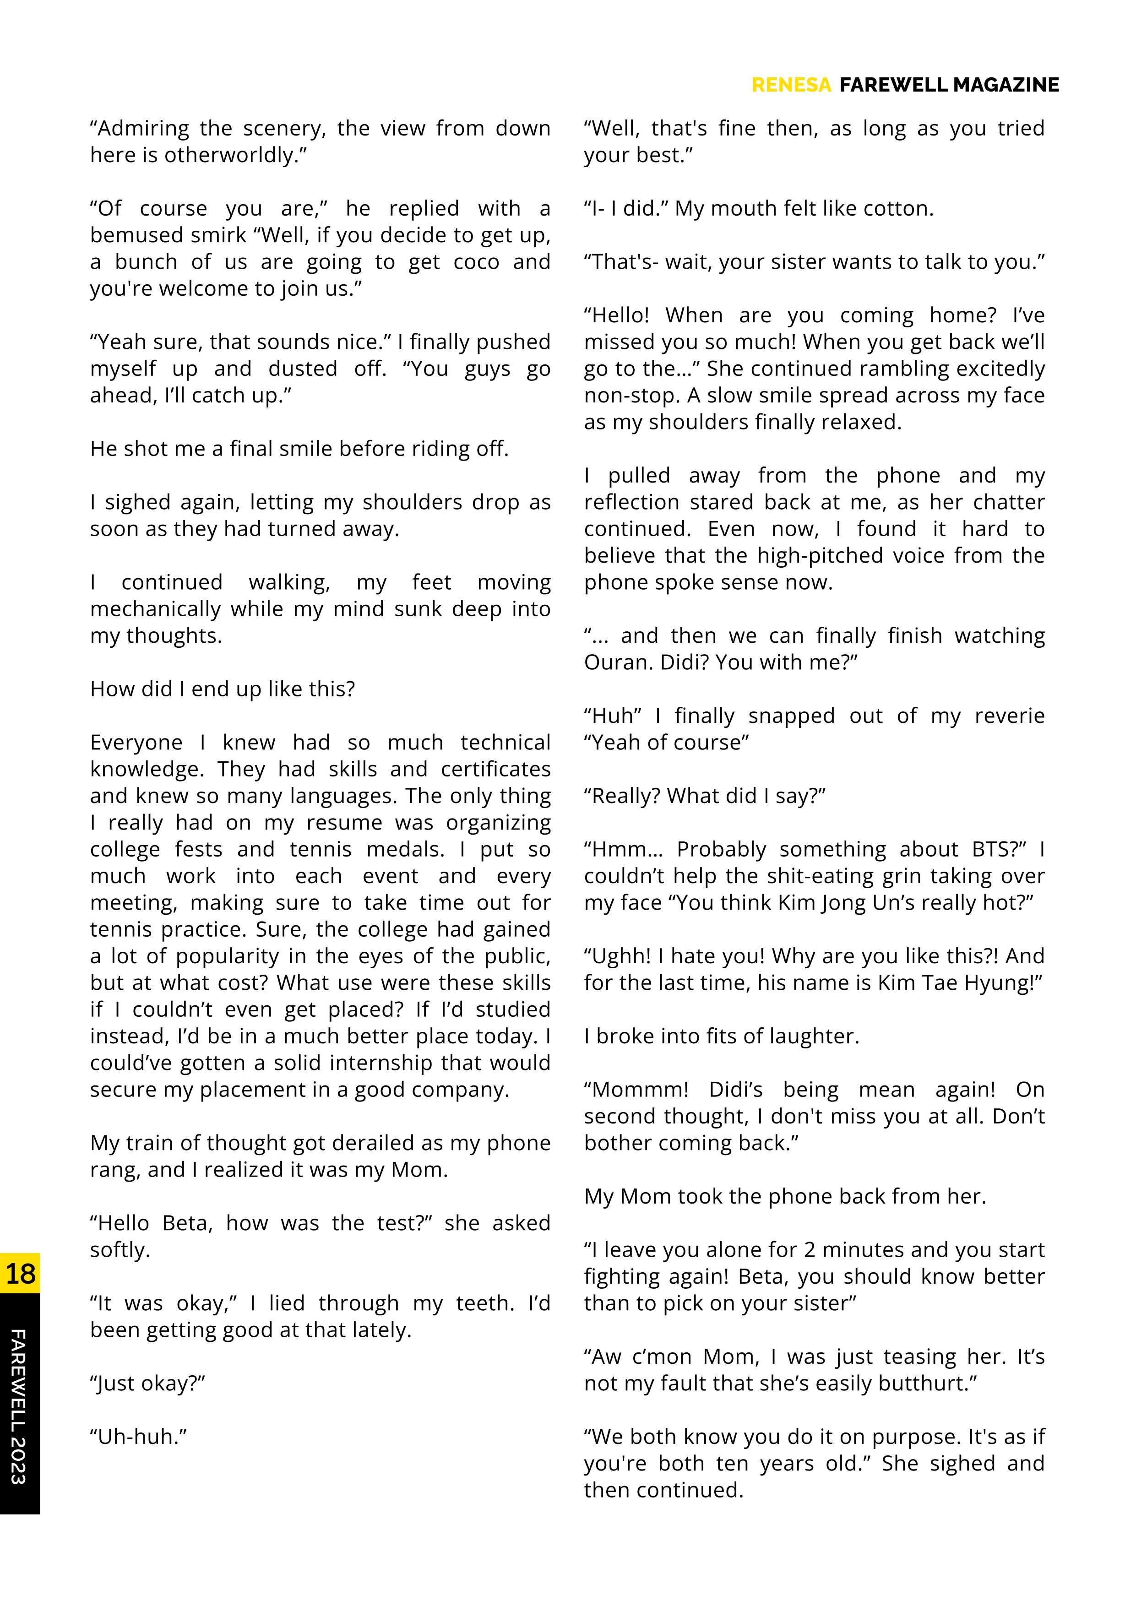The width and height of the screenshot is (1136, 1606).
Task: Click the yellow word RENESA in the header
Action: (791, 85)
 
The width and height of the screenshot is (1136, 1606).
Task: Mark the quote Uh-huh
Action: (138, 1437)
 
